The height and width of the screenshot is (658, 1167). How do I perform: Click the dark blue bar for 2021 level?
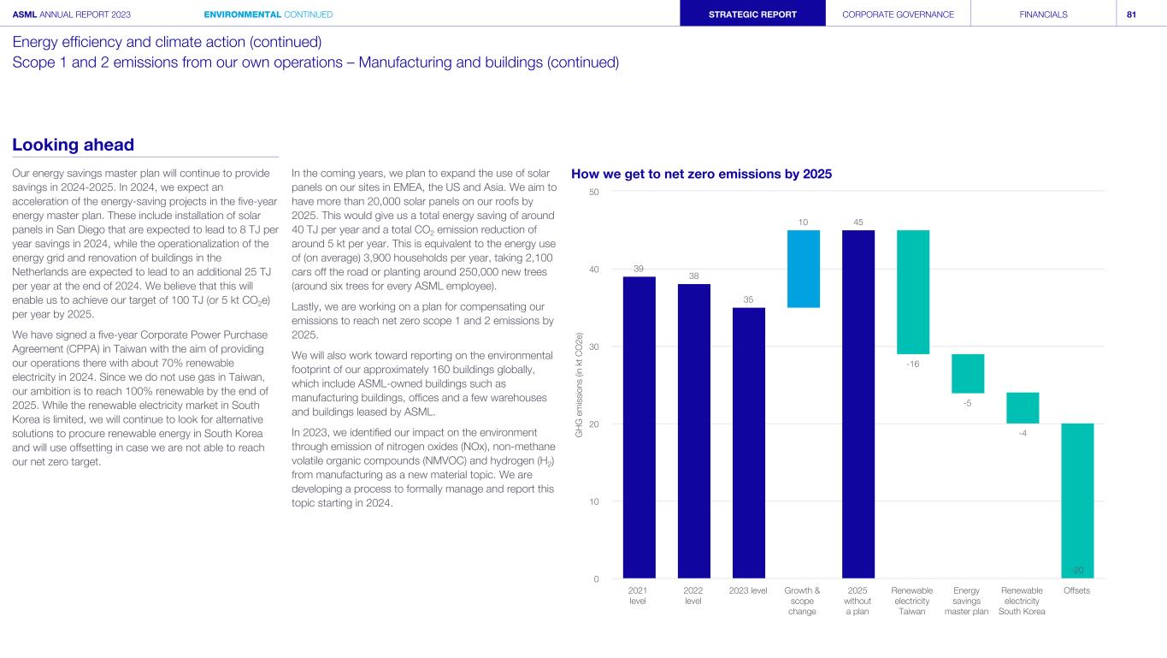coord(639,427)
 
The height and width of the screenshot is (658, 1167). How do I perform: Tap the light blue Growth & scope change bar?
coord(803,269)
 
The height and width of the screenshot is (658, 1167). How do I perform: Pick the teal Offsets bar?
coord(1077,501)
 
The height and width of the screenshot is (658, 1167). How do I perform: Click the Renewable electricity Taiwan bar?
coord(912,292)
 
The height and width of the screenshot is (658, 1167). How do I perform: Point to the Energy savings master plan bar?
coord(967,373)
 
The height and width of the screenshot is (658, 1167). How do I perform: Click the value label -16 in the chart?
coord(912,364)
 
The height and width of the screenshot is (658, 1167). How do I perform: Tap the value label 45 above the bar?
coord(858,222)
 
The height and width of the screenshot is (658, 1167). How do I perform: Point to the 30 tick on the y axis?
coord(592,347)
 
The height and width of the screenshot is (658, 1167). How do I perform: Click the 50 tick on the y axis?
coord(592,192)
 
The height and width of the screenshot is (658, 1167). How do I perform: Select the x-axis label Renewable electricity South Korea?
coord(1022,600)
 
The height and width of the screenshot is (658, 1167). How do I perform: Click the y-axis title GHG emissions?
coord(580,385)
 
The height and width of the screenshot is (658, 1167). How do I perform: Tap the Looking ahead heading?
coord(74,145)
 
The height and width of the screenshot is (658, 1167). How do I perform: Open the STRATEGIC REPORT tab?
coord(752,14)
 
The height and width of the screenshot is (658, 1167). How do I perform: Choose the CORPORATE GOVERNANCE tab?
coord(898,14)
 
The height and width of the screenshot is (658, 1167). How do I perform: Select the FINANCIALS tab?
coord(1043,14)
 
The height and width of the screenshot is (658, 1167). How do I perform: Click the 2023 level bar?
coord(748,442)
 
